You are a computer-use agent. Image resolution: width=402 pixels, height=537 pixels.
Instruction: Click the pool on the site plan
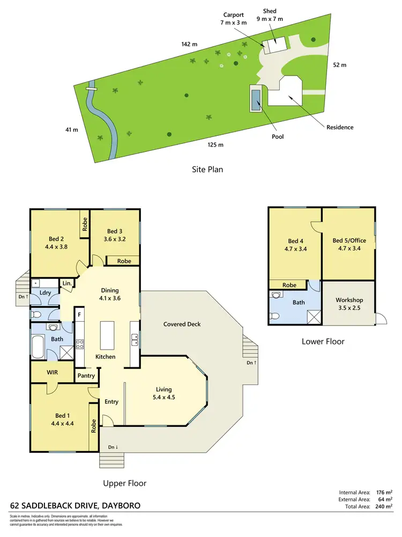tap(256, 100)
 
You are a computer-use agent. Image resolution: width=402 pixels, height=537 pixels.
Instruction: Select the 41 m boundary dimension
tap(71, 129)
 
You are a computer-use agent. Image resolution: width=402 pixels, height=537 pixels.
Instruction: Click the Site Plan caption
tap(207, 169)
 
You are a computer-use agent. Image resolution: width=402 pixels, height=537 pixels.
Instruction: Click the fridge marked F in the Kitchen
tap(79, 314)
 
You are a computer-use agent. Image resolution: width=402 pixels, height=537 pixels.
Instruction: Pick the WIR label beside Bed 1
tap(52, 372)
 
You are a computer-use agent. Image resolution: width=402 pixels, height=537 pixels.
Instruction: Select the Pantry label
tap(86, 376)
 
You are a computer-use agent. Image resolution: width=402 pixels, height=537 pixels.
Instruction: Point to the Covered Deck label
tap(182, 324)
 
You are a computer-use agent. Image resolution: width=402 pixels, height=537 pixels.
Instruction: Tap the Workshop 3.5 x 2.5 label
tap(349, 304)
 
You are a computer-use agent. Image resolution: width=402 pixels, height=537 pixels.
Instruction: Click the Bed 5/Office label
tap(348, 244)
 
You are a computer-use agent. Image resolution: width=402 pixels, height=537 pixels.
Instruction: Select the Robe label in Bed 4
tap(289, 285)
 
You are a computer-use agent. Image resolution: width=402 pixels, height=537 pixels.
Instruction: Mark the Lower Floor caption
tap(323, 341)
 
